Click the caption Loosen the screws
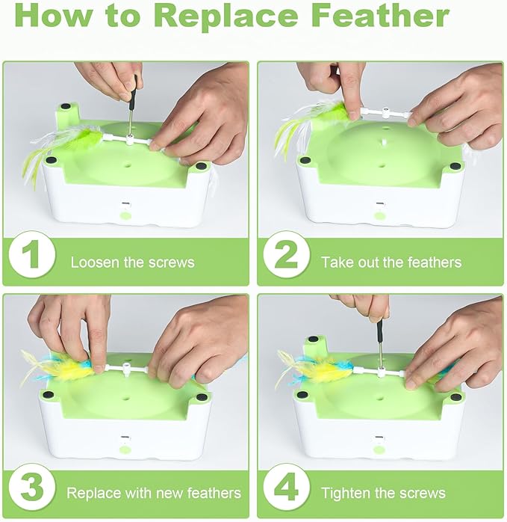132,262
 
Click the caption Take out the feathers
391,262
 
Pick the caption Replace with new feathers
154,493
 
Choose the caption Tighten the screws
383,493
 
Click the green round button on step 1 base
126,215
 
